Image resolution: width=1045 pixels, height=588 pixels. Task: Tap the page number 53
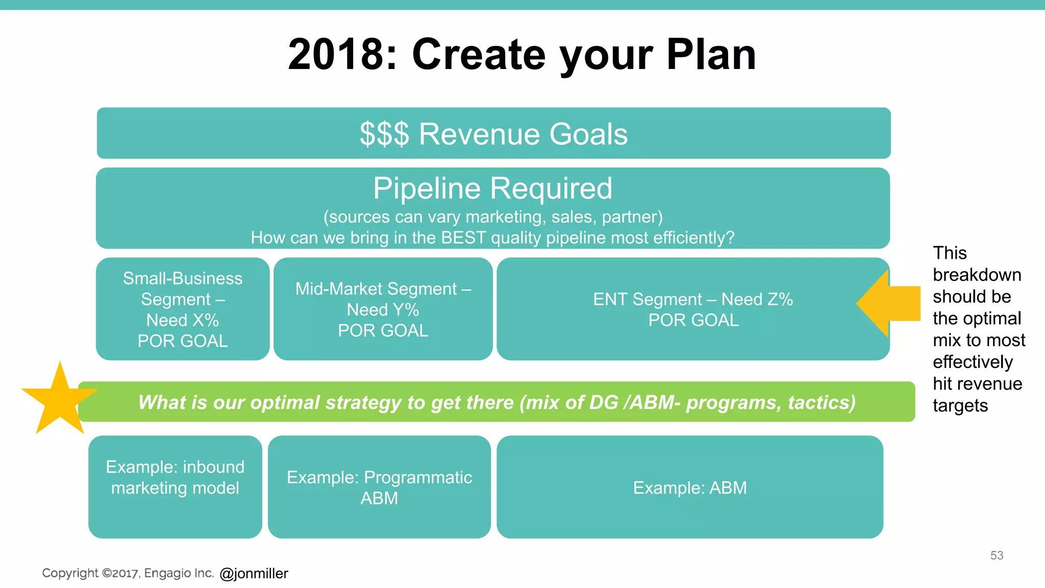(997, 555)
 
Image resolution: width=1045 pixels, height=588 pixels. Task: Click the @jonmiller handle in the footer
(254, 573)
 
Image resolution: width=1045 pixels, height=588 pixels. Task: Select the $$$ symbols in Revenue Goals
(384, 134)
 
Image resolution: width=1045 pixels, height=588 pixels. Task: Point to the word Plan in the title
(711, 55)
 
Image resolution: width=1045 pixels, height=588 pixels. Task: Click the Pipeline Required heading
(492, 188)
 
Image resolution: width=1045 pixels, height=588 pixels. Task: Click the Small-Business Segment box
(183, 309)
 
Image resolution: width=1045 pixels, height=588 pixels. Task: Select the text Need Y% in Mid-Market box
(383, 310)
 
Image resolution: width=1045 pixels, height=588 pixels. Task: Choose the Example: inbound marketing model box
(175, 487)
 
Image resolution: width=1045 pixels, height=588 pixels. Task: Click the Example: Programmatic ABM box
(379, 487)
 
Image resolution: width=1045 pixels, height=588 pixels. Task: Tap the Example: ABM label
(690, 488)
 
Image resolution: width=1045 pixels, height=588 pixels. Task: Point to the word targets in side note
(960, 406)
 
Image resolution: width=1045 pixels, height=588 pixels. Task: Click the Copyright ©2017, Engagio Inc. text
(128, 573)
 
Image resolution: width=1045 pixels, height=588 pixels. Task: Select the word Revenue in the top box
(479, 134)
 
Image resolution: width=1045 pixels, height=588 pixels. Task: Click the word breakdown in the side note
(977, 275)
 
